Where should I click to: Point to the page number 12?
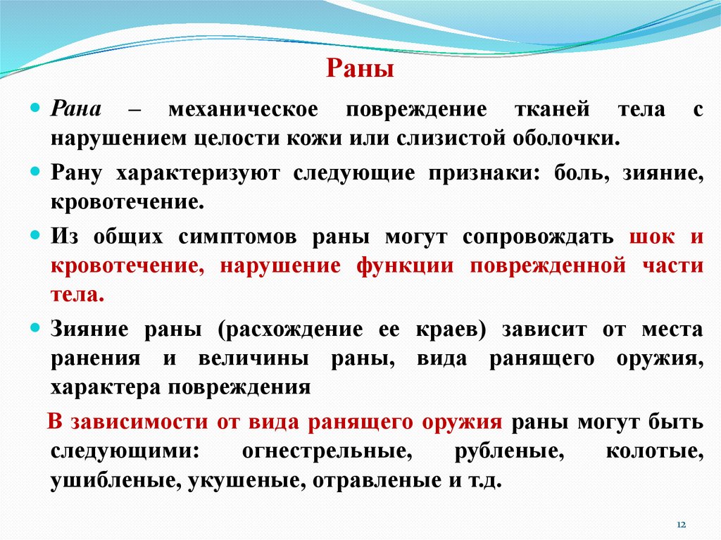[681, 526]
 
